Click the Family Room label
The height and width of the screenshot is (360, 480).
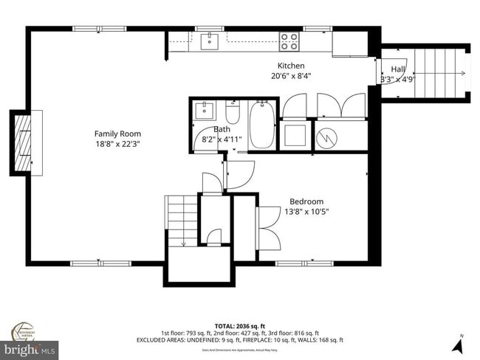click(x=117, y=134)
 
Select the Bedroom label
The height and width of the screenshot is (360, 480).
click(x=306, y=201)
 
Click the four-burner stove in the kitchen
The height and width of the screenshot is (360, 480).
click(x=289, y=41)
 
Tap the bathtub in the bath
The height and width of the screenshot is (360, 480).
click(x=261, y=128)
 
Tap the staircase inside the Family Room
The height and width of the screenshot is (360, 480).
click(x=180, y=221)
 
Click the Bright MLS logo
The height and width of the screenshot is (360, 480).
click(x=30, y=347)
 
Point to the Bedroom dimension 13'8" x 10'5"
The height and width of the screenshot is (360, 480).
click(x=306, y=212)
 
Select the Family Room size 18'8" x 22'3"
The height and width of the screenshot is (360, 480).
click(x=117, y=144)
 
